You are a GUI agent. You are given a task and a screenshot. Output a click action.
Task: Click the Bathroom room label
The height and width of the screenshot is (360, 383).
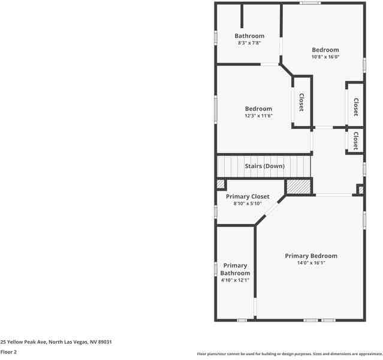249,36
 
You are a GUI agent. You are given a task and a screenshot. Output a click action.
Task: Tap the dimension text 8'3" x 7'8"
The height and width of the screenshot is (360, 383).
249,43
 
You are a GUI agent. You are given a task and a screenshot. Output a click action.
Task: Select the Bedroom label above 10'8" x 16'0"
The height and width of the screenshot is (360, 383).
325,50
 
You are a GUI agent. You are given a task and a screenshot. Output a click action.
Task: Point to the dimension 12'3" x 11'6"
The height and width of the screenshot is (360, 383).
258,116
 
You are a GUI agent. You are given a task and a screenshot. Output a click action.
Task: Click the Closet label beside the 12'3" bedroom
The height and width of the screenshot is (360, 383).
301,103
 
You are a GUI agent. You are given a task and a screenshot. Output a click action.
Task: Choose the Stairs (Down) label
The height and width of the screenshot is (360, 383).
264,166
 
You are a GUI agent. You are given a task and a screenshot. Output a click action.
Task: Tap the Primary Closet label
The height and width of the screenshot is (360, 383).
248,197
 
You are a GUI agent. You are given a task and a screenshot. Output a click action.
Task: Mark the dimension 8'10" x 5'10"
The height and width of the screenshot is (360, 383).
248,204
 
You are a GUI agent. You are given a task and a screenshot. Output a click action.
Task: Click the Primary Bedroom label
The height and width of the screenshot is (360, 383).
311,256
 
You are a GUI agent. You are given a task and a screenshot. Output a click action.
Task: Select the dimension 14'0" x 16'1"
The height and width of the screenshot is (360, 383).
311,263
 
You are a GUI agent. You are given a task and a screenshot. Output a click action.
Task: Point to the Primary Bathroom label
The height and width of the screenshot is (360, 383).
236,269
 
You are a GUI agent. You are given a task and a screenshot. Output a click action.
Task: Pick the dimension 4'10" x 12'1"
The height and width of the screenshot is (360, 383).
236,280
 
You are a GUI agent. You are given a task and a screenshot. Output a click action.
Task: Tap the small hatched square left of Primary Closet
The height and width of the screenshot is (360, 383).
221,185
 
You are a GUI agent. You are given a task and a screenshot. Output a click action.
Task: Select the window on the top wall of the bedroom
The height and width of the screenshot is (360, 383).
310,3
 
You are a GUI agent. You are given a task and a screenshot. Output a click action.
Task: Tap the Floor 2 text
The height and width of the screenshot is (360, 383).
8,352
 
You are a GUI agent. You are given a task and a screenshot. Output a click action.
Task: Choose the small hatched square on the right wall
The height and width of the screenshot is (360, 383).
360,190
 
